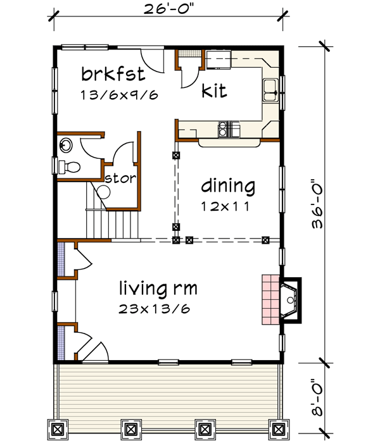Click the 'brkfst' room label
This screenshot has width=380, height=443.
coord(113,75)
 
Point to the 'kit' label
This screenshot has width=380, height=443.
coord(215,90)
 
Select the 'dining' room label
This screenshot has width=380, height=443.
coord(228,187)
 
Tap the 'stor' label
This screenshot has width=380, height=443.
coord(120,178)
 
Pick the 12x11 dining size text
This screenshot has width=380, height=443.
coord(225,206)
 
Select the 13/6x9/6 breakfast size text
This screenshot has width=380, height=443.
coord(118,95)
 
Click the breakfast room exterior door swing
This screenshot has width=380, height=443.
coord(152,61)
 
